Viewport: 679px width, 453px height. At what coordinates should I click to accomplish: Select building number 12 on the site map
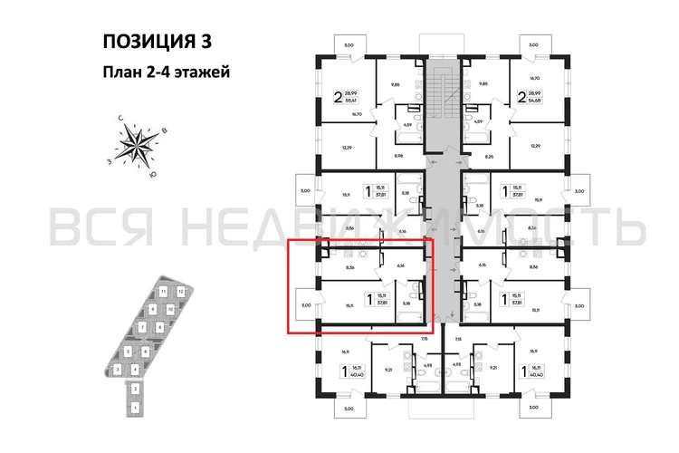181,291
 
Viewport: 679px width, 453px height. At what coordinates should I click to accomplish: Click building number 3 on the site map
118,369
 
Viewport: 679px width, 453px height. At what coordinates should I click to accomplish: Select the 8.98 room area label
398,156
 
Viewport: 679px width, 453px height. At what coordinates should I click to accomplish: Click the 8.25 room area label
489,156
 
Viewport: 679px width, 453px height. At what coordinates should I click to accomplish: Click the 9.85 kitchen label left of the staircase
396,84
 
